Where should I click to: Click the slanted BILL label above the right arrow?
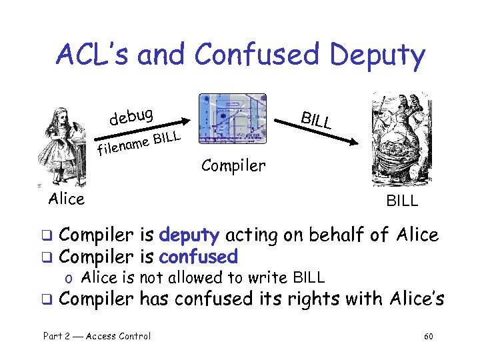[x=316, y=119]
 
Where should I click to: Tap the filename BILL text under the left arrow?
[x=139, y=142]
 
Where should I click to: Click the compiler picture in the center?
[x=232, y=127]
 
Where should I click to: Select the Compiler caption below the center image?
[x=233, y=165]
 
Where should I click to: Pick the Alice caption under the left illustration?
[x=67, y=199]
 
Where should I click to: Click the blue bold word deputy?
[x=189, y=235]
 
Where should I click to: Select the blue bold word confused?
[x=198, y=256]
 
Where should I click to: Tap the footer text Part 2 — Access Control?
[x=97, y=336]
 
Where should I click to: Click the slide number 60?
[x=428, y=336]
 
